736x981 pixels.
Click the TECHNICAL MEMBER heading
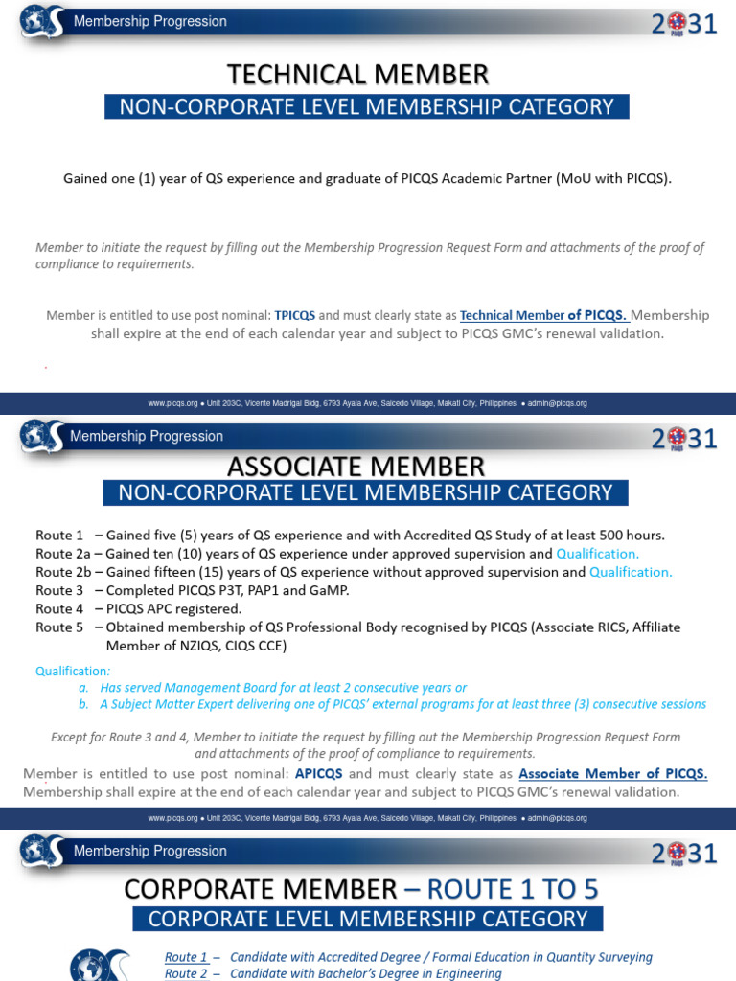(x=357, y=74)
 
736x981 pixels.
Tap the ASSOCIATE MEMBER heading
(x=356, y=468)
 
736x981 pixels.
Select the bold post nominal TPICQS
(x=295, y=315)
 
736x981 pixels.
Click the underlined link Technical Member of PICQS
(x=543, y=315)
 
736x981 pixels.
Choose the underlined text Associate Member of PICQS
(x=613, y=774)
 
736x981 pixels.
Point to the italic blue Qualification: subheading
(x=73, y=671)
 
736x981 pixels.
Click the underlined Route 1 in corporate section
(x=186, y=957)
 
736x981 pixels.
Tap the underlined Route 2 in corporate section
(x=186, y=973)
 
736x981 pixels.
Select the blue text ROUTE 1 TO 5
(x=513, y=889)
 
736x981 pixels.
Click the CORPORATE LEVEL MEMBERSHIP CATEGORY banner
(x=367, y=919)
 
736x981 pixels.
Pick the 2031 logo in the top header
(x=684, y=25)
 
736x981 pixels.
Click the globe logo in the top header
(x=41, y=21)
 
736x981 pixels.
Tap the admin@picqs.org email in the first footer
(x=561, y=404)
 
